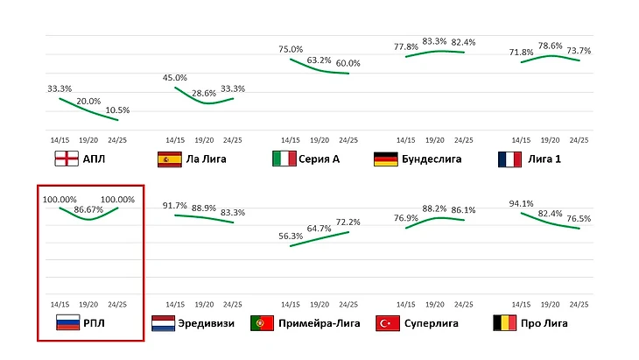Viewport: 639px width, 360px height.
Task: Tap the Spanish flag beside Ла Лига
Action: [x=170, y=159]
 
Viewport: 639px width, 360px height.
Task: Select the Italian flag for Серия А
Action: [x=284, y=159]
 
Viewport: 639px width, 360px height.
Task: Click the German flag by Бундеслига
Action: [x=386, y=159]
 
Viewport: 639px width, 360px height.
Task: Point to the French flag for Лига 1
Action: [x=509, y=159]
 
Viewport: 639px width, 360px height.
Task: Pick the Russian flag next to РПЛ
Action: [x=67, y=323]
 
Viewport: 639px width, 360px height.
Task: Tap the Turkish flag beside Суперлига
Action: [x=387, y=323]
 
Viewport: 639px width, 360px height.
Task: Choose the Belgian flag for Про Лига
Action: [x=506, y=323]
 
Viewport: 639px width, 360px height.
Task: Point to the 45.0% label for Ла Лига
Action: [x=175, y=78]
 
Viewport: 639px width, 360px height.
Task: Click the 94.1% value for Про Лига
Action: [x=522, y=204]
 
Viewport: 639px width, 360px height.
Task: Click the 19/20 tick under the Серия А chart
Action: [x=319, y=140]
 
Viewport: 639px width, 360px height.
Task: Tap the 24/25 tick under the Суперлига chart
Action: [x=464, y=304]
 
